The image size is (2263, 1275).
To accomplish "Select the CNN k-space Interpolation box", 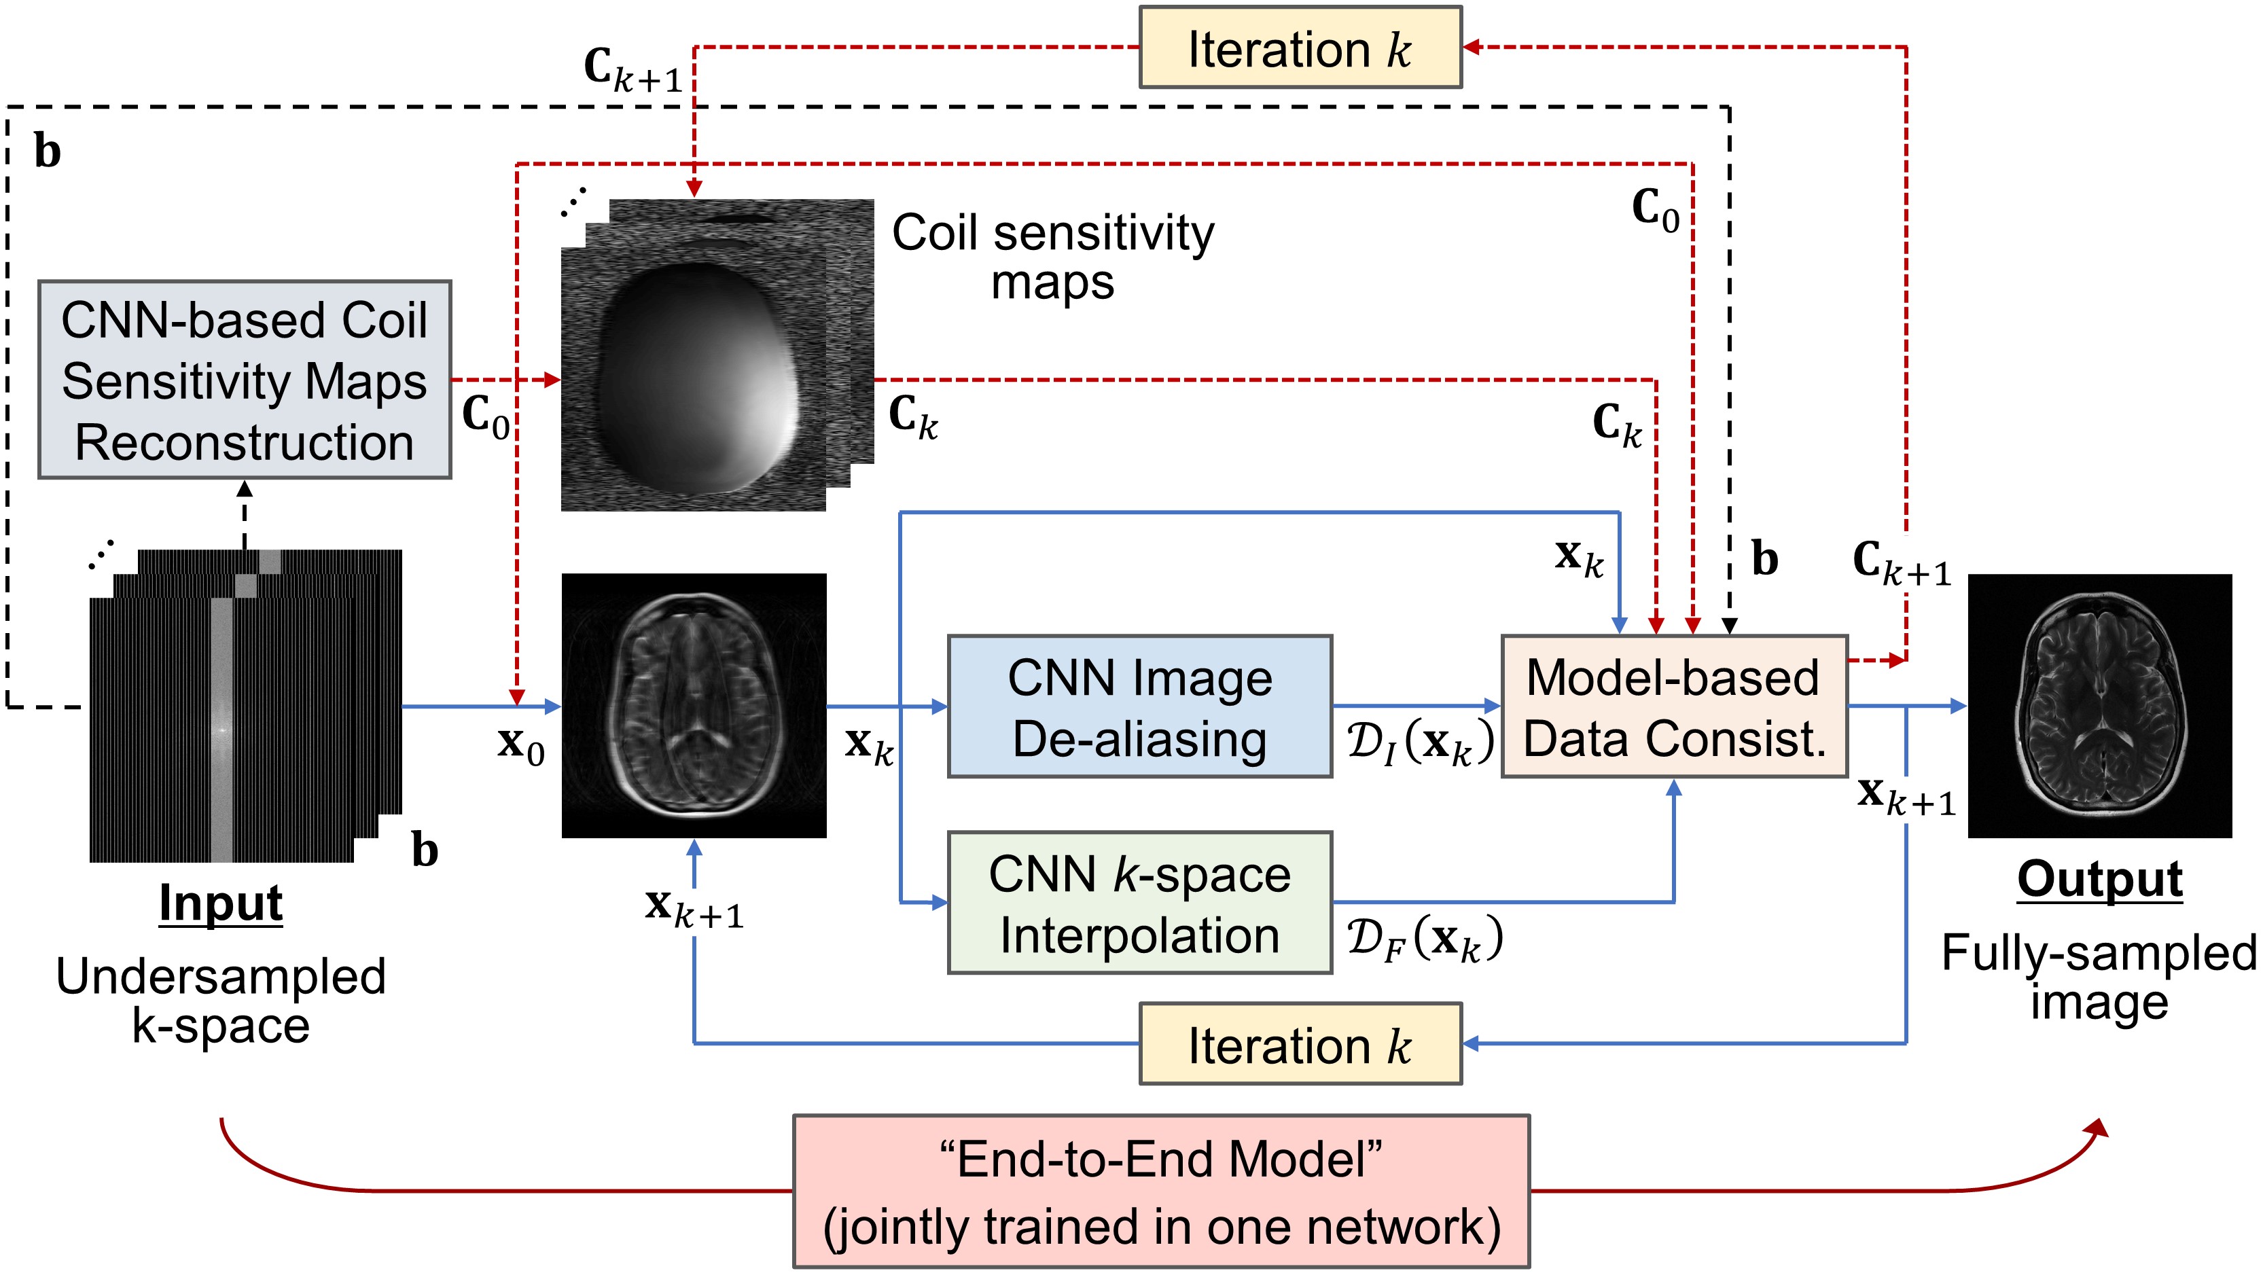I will tap(1139, 903).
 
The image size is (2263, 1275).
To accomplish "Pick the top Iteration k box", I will tap(1300, 48).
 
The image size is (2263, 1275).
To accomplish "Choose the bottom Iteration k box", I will tap(1300, 1044).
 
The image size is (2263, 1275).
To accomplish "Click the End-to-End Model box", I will tap(1160, 1191).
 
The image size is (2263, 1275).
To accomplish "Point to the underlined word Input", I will tap(221, 903).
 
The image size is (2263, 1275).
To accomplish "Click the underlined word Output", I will tap(2099, 879).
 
